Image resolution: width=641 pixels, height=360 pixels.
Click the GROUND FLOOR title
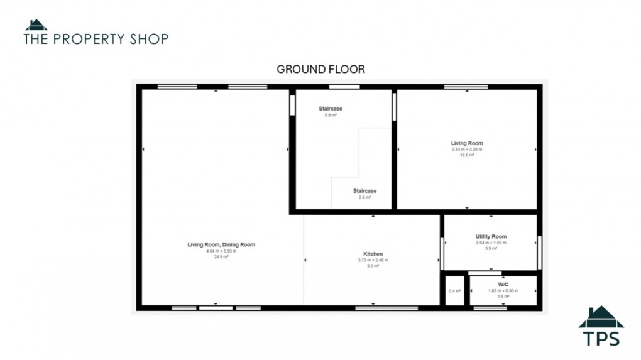tap(320, 69)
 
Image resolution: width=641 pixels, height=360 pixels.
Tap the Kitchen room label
tap(373, 254)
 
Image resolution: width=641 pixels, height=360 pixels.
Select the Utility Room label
tap(491, 236)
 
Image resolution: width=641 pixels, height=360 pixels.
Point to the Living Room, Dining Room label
tap(221, 244)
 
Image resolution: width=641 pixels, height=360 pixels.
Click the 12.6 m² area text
tap(467, 155)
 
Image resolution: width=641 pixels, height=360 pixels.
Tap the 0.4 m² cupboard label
tap(454, 291)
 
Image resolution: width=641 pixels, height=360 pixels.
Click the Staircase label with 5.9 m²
tap(331, 109)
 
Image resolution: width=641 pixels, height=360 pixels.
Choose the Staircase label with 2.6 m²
tap(364, 190)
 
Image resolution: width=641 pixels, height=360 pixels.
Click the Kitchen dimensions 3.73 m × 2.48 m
tap(373, 260)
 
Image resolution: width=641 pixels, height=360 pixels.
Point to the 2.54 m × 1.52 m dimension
tap(491, 243)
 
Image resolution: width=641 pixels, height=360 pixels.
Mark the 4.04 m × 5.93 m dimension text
tap(221, 251)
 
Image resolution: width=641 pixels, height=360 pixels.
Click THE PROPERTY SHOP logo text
tap(96, 39)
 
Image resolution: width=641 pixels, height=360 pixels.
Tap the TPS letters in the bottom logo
tap(601, 339)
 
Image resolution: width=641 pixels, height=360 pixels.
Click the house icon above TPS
tap(601, 317)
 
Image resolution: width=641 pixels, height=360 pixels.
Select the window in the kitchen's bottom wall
tap(386, 308)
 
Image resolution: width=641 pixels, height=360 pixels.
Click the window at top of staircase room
tap(344, 86)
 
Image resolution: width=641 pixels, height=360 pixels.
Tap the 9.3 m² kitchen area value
tap(373, 266)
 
